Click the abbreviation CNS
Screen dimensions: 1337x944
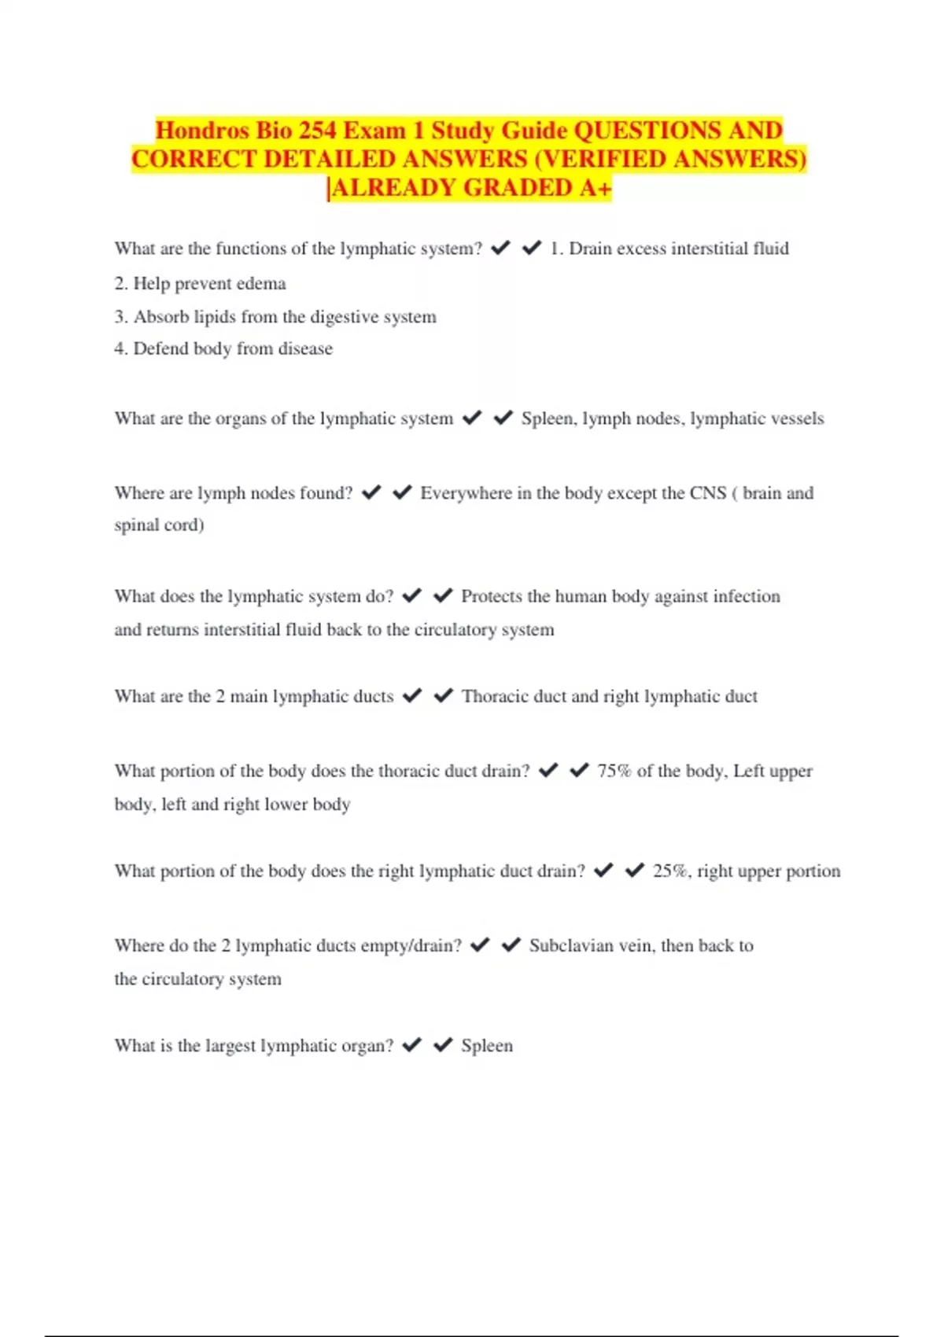pos(708,493)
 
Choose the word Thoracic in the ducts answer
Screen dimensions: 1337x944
pos(495,696)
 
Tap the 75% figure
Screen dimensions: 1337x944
pos(614,771)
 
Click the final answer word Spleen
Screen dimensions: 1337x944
pos(487,1045)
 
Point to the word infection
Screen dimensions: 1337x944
pos(747,596)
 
